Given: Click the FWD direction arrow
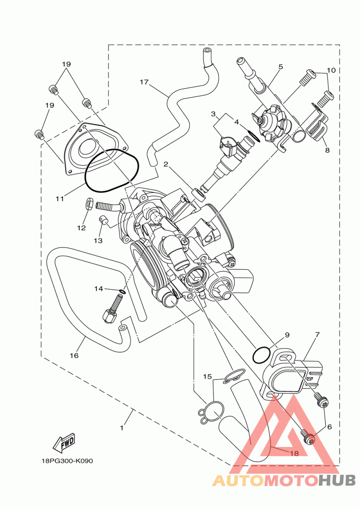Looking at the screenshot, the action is (64, 443).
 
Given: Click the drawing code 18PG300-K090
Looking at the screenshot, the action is (67, 460).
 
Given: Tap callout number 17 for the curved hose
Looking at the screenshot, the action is (144, 82).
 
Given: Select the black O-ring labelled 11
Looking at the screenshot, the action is (112, 170).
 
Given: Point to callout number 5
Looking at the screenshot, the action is (281, 67).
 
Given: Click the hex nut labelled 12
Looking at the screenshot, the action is (90, 205).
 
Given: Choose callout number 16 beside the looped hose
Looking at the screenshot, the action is (74, 356).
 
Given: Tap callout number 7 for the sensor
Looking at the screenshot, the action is (317, 334).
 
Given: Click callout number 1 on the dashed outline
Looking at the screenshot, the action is (122, 428).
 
